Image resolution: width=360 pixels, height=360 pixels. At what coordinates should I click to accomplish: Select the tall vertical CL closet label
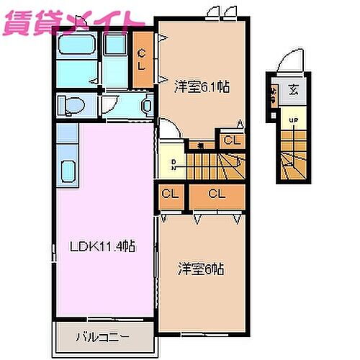[x=143, y=57]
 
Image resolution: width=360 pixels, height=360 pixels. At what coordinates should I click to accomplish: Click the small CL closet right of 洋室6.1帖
[x=230, y=140]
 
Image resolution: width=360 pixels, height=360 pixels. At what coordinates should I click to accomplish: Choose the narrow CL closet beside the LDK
[x=171, y=194]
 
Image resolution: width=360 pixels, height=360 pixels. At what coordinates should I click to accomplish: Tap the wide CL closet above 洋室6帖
[x=216, y=194]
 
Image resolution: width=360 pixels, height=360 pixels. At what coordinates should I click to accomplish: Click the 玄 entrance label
[x=294, y=90]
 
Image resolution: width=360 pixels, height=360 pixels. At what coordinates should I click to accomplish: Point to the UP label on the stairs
[x=293, y=120]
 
